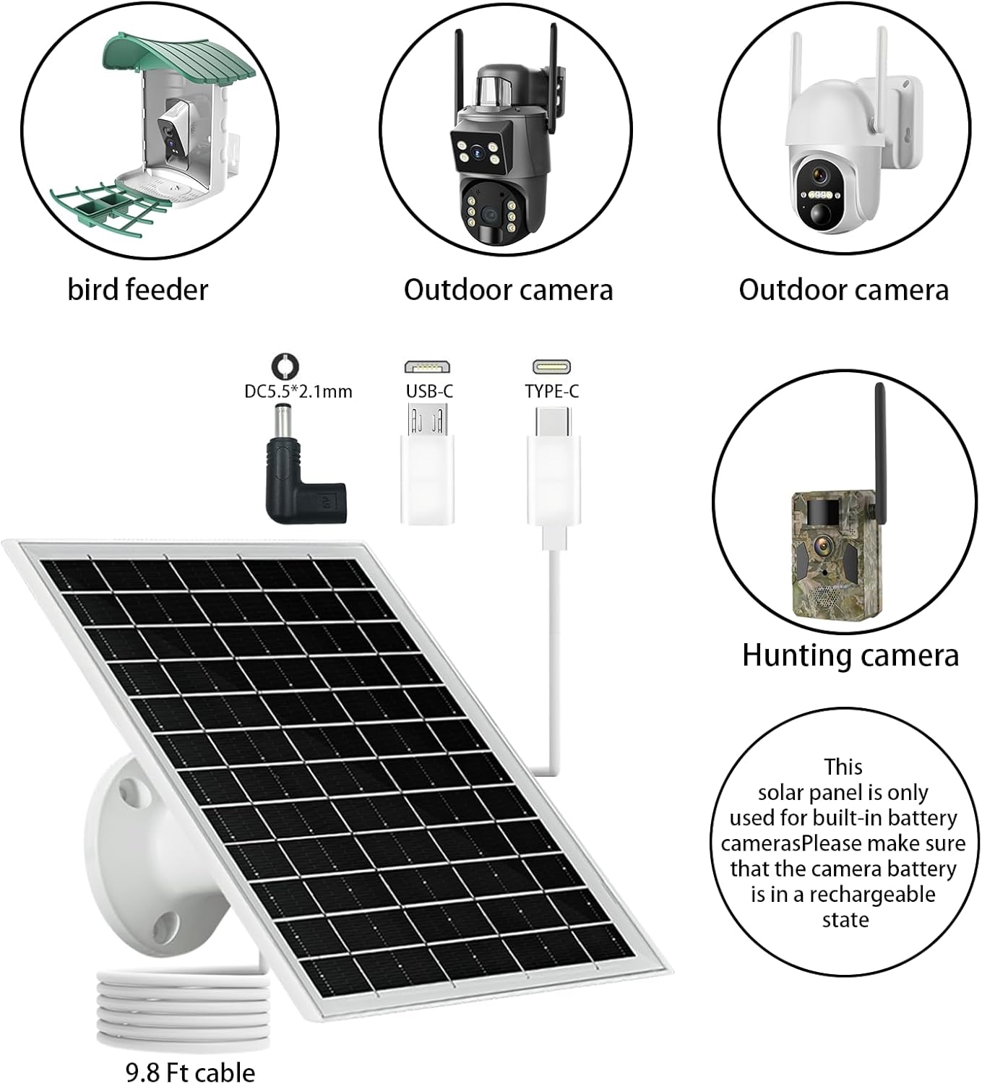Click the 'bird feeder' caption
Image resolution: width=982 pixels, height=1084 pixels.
pos(137,290)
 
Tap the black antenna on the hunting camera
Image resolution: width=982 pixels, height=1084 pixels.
pos(880,448)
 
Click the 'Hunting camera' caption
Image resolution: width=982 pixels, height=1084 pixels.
pos(850,655)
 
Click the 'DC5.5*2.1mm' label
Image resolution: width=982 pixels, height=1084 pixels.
pos(298,392)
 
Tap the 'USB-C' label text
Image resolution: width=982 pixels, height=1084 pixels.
pos(429,391)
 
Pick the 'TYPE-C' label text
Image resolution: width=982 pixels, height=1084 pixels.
pos(552,391)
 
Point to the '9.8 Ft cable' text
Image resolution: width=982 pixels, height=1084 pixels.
pos(190,1071)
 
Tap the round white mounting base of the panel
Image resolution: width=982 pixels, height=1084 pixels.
pos(137,860)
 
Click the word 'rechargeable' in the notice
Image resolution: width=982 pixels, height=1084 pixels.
pos(872,895)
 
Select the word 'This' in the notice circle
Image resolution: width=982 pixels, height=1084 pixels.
pos(843,767)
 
